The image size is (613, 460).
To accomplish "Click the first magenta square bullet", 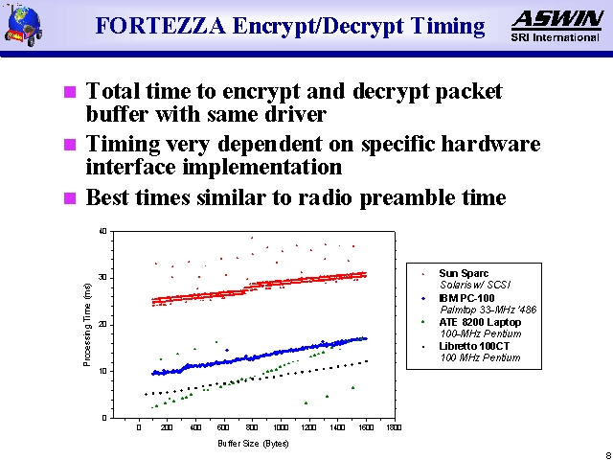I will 68,93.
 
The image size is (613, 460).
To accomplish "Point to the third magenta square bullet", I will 68,199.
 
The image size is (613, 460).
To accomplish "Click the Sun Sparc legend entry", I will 464,273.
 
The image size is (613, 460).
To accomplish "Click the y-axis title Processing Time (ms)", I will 87,324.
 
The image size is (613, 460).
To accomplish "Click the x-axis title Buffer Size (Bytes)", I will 254,444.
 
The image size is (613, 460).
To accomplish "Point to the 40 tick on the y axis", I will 102,231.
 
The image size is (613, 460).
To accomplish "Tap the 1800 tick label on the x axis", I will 394,427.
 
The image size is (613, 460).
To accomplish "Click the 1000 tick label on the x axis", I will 281,427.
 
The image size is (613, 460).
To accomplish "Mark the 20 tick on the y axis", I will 102,325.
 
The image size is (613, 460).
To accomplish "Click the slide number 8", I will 607,454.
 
